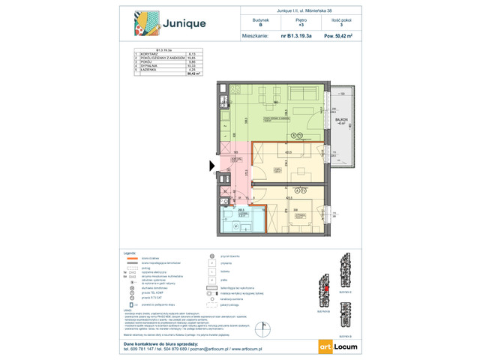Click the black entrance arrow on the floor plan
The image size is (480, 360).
click(212, 166)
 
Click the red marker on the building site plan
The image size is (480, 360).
click(326, 285)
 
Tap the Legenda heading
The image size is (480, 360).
click(130, 255)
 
